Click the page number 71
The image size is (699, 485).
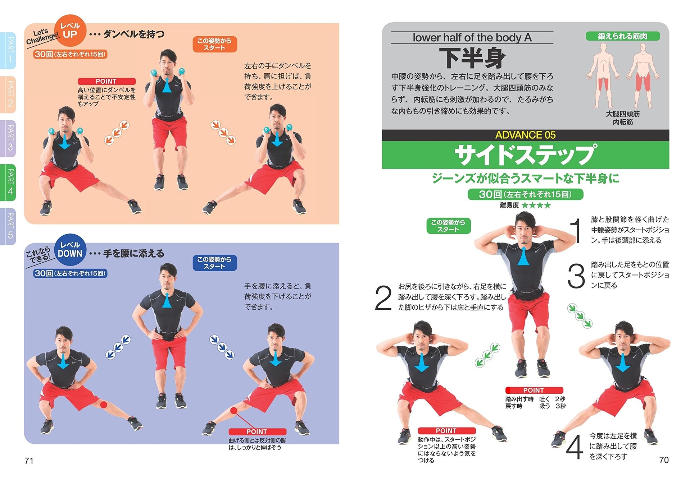tap(29, 461)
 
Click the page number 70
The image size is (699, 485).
tap(664, 460)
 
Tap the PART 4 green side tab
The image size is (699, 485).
tap(9, 182)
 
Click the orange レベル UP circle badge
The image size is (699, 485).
tap(70, 31)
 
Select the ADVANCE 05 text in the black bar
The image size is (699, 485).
tap(525, 135)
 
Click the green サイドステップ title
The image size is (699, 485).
tap(525, 155)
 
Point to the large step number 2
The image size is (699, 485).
tap(383, 298)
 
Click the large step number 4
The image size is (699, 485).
tap(574, 447)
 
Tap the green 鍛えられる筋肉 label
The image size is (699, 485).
tap(622, 36)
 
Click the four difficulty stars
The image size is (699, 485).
tap(536, 205)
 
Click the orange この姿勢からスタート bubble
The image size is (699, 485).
tap(214, 44)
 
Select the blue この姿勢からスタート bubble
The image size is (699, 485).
tap(214, 263)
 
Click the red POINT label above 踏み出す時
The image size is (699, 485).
tap(534, 390)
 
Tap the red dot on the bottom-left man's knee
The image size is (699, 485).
tap(104, 405)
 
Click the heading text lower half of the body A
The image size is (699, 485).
tap(472, 37)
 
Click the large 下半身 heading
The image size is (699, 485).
tap(472, 58)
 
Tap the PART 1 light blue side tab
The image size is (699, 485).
tap(9, 50)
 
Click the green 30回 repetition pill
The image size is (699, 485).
tap(525, 194)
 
